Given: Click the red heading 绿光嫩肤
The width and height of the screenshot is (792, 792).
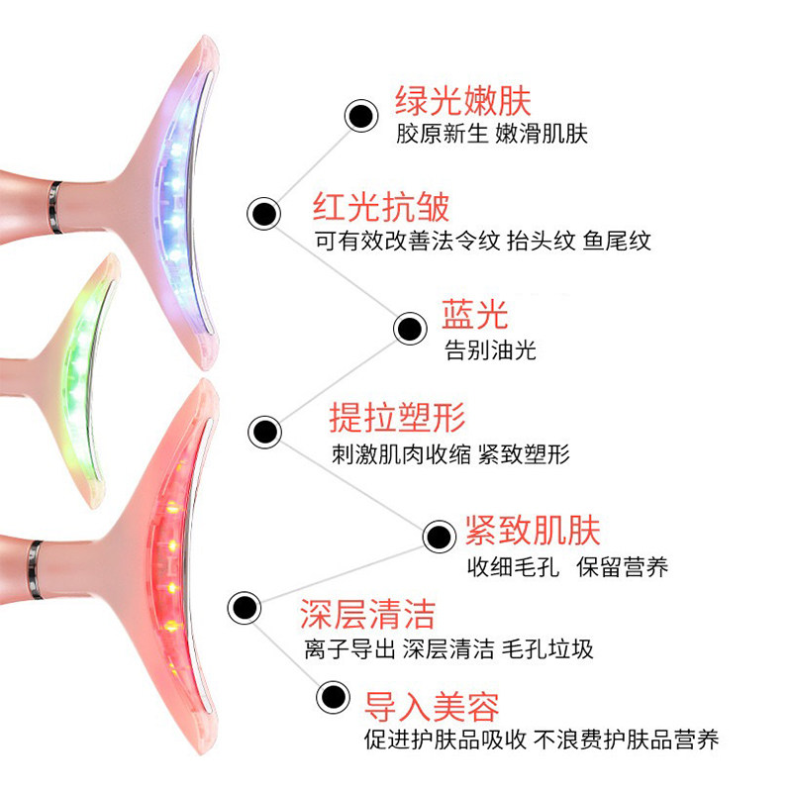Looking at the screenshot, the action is (463, 102).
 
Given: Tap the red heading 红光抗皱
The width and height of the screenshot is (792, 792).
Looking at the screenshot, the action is (382, 207).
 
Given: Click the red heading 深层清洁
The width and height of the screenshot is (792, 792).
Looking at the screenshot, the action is (367, 614).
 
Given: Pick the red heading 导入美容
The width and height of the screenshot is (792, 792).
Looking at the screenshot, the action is (433, 706).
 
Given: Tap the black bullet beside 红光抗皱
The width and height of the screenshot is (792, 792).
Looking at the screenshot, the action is (263, 212).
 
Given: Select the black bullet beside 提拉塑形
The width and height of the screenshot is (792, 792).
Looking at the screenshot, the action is (263, 431).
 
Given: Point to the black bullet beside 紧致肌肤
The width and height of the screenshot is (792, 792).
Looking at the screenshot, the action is (438, 537).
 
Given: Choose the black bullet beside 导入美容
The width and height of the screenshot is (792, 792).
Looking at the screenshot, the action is (333, 695).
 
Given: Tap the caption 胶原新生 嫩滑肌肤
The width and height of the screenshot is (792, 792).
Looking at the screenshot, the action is (492, 134).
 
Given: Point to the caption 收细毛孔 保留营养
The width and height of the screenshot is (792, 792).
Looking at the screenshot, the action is (568, 567).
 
